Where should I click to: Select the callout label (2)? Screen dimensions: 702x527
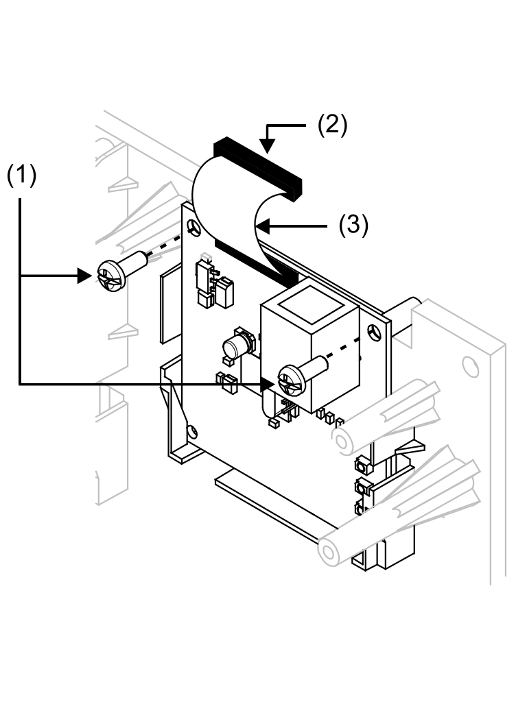point(332,125)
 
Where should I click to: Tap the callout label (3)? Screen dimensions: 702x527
point(354,225)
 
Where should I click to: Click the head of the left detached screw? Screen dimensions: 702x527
point(110,276)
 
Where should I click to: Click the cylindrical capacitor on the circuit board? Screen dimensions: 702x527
point(239,343)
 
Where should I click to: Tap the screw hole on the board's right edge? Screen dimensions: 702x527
point(373,332)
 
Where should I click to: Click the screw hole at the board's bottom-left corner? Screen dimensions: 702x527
point(193,431)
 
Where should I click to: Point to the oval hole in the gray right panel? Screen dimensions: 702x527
point(470,367)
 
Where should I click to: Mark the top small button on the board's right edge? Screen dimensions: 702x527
point(361,467)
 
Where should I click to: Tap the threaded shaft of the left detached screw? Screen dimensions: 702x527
point(137,262)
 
